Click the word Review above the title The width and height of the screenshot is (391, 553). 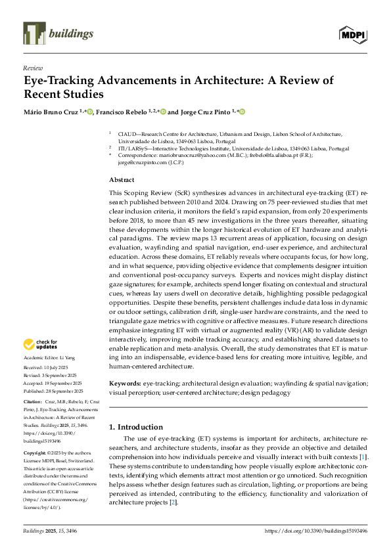click(x=32, y=68)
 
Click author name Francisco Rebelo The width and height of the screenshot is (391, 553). click(x=123, y=112)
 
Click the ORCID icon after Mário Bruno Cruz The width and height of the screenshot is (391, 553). click(x=90, y=112)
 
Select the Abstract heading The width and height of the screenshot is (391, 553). click(x=122, y=179)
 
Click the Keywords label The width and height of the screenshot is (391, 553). click(x=124, y=382)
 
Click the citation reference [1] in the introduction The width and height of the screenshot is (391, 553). click(x=363, y=456)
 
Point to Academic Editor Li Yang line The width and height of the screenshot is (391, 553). click(x=50, y=358)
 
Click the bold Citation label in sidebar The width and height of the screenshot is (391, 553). click(x=34, y=401)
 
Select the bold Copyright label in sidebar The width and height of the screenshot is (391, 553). click(x=35, y=453)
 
